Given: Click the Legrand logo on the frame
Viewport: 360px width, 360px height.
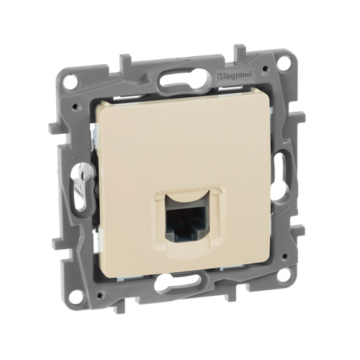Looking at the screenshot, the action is (x=235, y=74).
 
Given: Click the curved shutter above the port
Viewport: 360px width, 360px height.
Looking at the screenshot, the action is (x=185, y=198).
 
